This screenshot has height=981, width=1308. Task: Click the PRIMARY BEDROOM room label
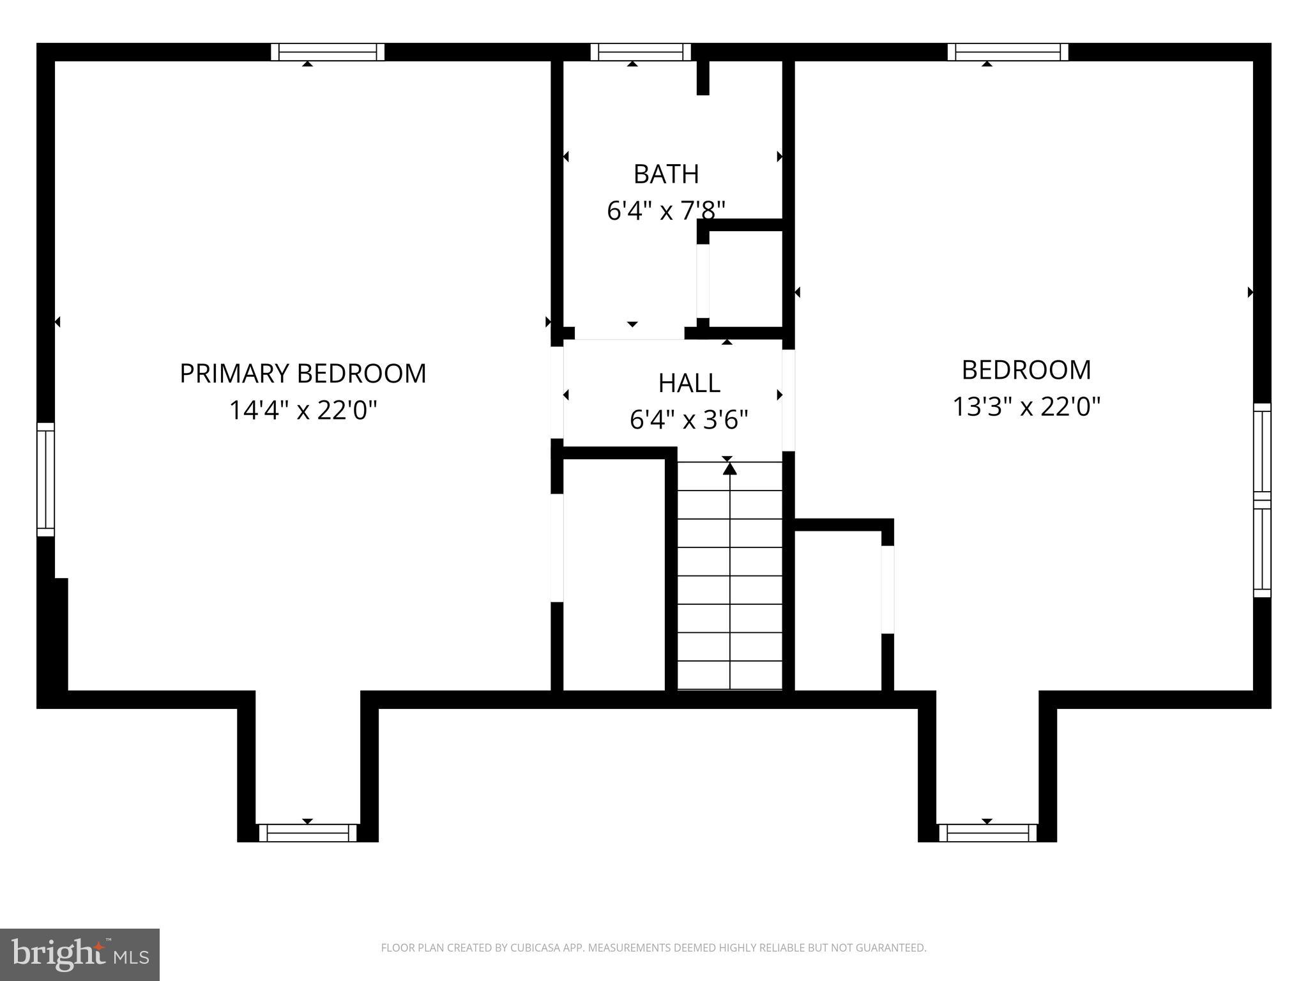click(x=303, y=374)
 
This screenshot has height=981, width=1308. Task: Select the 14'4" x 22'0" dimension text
click(x=303, y=410)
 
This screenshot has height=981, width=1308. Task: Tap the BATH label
click(x=666, y=174)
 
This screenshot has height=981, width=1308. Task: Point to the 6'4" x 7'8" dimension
click(x=666, y=210)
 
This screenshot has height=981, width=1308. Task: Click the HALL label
click(x=689, y=383)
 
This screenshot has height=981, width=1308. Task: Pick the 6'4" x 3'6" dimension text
click(x=688, y=420)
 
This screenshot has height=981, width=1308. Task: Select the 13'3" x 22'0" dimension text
click(x=1026, y=406)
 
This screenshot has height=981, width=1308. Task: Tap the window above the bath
click(x=641, y=52)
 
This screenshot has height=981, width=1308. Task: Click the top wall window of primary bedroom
click(x=328, y=52)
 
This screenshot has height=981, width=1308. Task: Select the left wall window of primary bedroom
click(x=45, y=479)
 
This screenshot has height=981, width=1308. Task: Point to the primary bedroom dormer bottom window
click(x=308, y=833)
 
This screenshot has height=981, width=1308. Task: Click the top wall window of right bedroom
click(x=1008, y=52)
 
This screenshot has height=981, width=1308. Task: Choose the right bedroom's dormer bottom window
click(x=987, y=833)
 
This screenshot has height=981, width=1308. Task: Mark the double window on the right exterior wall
click(x=1262, y=500)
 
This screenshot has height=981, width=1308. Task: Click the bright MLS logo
click(x=80, y=954)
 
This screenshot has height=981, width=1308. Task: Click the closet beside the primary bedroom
click(x=613, y=575)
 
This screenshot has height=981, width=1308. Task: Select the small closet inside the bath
click(x=745, y=279)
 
